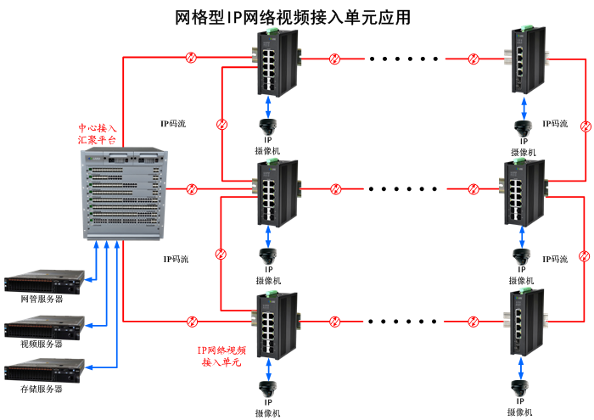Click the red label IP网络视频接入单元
pos(221,356)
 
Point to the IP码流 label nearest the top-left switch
pos(174,124)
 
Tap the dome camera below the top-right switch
pos(522,128)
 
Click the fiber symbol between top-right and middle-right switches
pos(585,126)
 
